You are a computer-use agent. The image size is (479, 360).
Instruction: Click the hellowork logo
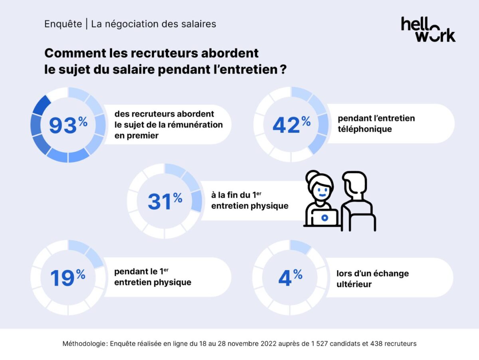[428, 29]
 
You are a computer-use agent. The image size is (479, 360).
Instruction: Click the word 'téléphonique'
[365, 129]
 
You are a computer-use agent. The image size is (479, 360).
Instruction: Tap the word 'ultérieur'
[354, 284]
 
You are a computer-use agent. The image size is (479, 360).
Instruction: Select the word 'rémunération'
[197, 125]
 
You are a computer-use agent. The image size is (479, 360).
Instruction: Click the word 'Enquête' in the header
[63, 24]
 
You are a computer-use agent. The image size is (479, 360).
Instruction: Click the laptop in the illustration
[325, 218]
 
